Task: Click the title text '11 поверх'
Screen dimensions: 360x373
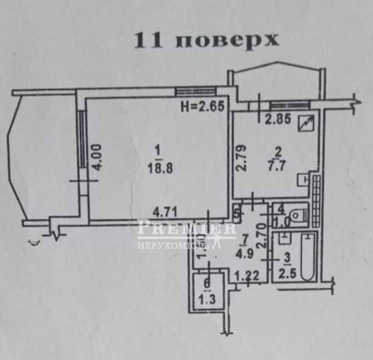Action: pyautogui.click(x=206, y=40)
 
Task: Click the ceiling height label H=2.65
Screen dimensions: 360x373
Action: pyautogui.click(x=202, y=107)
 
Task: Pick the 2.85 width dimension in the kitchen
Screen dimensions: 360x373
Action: pyautogui.click(x=278, y=121)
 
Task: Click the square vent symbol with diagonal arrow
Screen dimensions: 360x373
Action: pyautogui.click(x=307, y=122)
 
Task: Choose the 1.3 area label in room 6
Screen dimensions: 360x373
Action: pyautogui.click(x=208, y=300)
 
